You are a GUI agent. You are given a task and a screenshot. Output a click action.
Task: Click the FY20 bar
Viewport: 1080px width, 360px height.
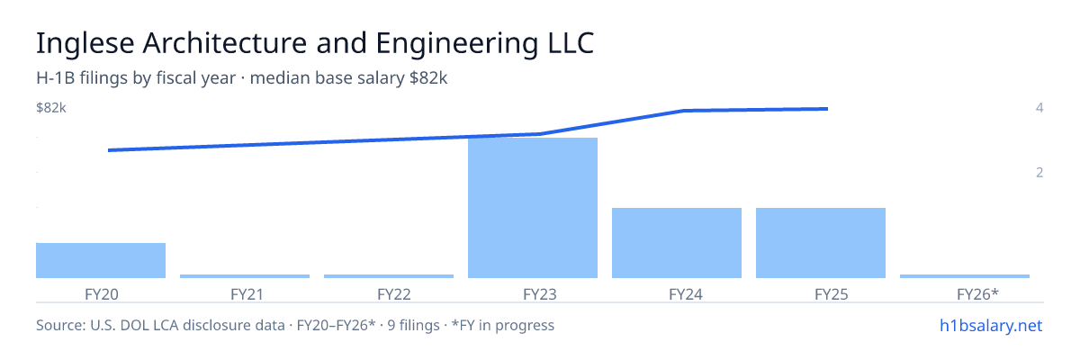(101, 260)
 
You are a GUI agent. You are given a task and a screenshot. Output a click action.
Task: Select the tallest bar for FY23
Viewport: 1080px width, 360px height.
(533, 208)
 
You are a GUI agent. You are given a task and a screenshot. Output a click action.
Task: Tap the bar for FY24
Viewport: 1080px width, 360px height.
(677, 243)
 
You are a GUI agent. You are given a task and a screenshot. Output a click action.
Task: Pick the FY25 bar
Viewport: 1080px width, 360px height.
(821, 243)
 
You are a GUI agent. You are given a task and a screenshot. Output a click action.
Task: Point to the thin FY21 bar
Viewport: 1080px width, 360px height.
(245, 276)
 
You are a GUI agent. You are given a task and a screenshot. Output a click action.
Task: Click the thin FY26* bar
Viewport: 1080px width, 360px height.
(965, 276)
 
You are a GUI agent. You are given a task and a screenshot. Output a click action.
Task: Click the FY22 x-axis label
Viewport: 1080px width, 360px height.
(394, 294)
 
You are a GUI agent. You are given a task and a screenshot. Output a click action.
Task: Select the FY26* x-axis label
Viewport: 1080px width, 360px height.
(977, 294)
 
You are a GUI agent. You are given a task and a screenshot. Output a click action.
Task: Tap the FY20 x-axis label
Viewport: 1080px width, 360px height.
(101, 294)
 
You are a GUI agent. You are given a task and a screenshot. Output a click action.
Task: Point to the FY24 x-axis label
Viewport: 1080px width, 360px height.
(686, 294)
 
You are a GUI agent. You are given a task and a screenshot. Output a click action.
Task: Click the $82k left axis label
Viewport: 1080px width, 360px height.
(51, 108)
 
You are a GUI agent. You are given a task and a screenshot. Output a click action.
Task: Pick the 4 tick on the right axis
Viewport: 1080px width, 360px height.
(1039, 107)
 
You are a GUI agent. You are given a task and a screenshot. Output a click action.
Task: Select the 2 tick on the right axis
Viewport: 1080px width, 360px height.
(1039, 172)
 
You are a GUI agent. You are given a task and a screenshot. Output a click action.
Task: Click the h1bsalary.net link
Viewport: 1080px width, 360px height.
(991, 325)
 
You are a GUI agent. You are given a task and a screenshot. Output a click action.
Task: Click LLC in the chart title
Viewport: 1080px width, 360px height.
(571, 43)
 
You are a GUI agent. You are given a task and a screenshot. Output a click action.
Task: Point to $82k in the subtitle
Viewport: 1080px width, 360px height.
(428, 77)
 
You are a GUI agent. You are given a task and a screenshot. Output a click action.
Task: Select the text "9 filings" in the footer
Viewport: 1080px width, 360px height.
(414, 325)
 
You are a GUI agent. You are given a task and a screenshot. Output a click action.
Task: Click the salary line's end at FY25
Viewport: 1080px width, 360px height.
(827, 109)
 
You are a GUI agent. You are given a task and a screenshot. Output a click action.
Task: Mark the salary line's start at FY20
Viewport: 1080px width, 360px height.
(109, 150)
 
